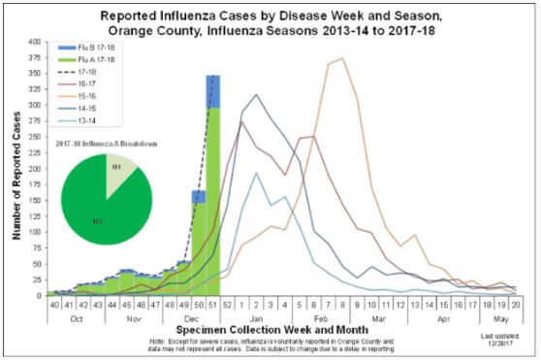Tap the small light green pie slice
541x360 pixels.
tap(121, 169)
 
